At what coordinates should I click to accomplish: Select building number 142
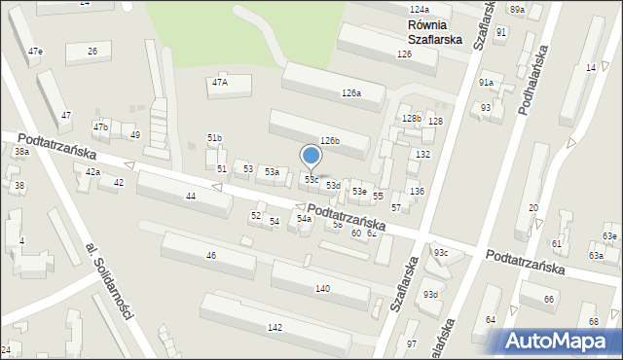tap(275, 328)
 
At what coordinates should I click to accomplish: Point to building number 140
tap(322, 289)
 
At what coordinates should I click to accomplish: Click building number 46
tap(210, 255)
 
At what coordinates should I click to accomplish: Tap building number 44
tap(191, 197)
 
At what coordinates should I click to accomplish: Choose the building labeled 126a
tap(351, 93)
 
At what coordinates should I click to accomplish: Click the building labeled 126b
tap(330, 141)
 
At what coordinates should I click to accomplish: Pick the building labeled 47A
tap(220, 83)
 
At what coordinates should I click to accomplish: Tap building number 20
tap(532, 208)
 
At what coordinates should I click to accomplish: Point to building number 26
tap(92, 51)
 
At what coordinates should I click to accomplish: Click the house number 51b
tap(214, 138)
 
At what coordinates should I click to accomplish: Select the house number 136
tap(417, 191)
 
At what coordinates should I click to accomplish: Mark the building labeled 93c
tap(441, 253)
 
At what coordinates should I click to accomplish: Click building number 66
tap(549, 299)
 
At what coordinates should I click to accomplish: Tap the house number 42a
tap(92, 171)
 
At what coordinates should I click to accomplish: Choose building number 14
tap(591, 67)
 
